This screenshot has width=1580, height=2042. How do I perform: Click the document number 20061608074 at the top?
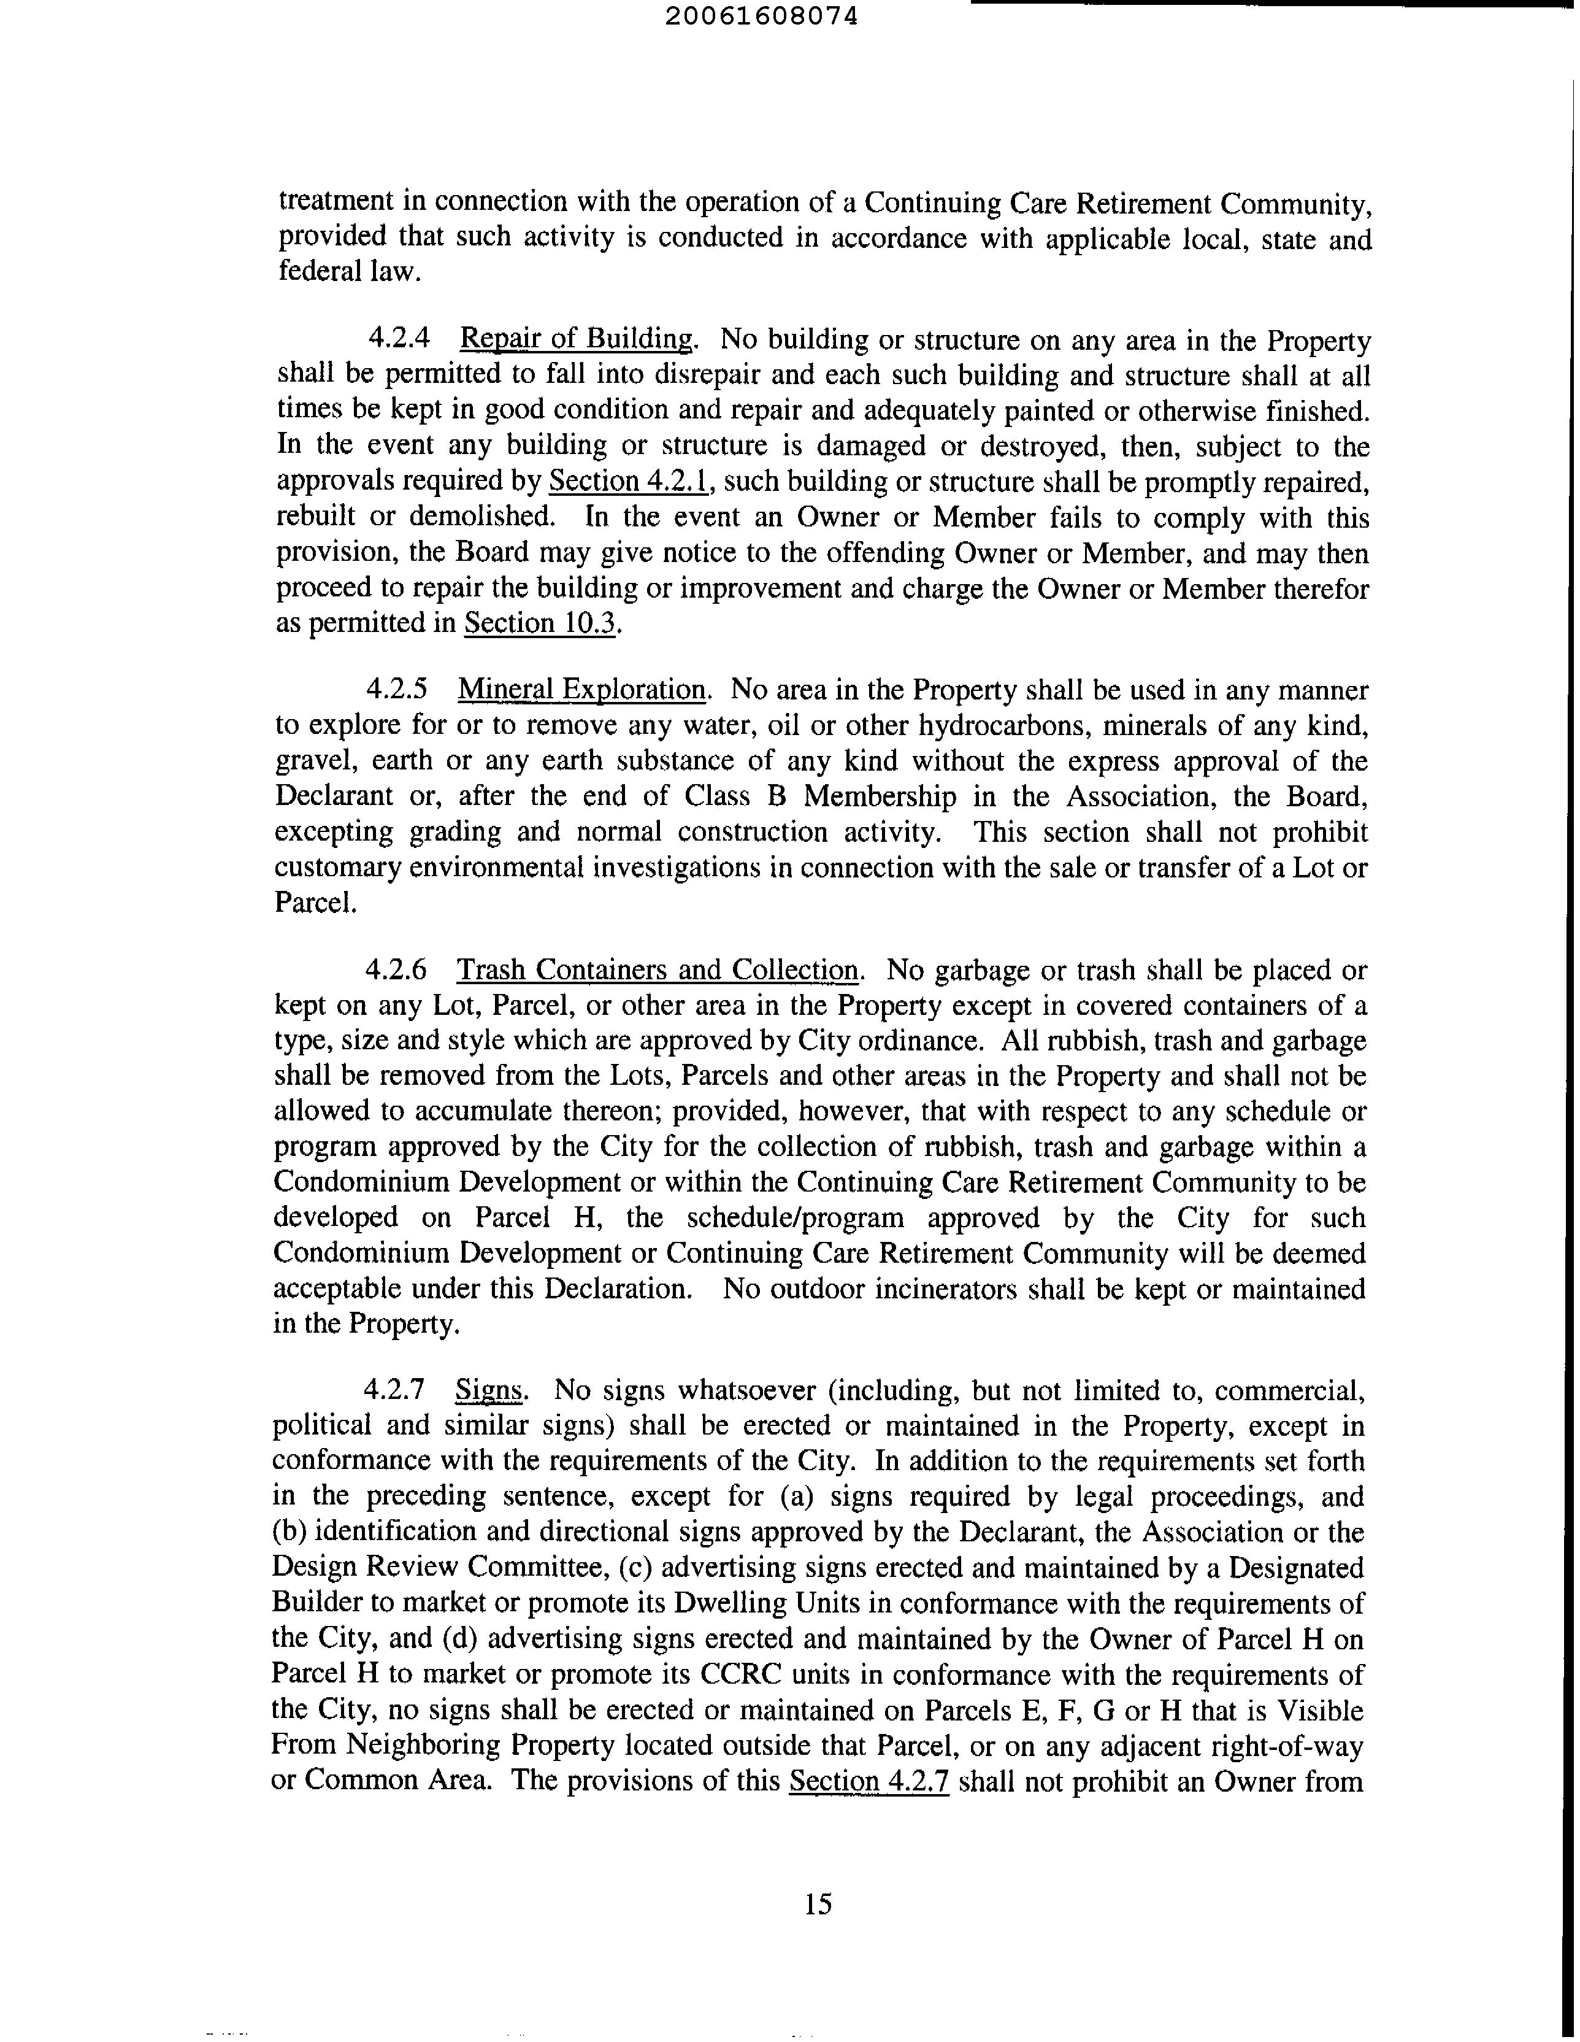click(764, 16)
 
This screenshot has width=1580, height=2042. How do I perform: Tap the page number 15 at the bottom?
click(817, 1903)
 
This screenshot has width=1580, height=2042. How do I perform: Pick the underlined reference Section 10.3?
click(540, 623)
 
